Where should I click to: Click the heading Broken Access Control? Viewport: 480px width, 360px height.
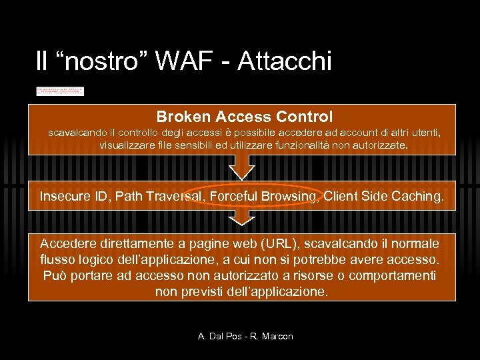245,117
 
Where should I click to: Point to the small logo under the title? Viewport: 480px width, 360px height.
60,91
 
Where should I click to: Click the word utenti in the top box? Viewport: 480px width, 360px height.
423,133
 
